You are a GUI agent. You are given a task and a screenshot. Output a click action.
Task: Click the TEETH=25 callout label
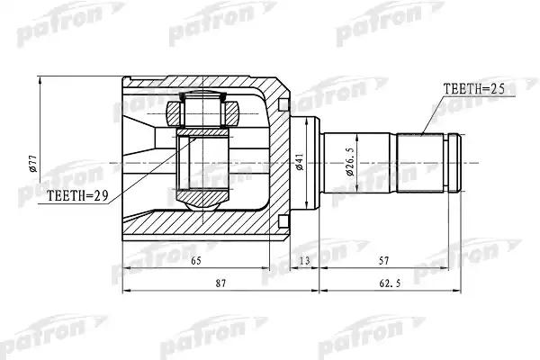coord(474,89)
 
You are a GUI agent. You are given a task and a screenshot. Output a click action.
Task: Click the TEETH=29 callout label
coord(77,195)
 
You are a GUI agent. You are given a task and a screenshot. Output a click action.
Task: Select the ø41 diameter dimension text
coord(300,162)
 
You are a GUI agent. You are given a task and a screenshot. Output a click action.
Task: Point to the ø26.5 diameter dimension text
coord(351,163)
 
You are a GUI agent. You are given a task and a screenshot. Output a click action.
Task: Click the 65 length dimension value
coord(195,261)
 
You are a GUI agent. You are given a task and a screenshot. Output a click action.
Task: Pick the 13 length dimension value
coord(304,261)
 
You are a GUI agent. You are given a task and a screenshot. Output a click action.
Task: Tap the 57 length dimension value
coord(383,261)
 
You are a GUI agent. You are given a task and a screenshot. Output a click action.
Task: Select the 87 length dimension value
coord(220,283)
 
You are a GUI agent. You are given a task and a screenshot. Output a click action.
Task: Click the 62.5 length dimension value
coord(390,283)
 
